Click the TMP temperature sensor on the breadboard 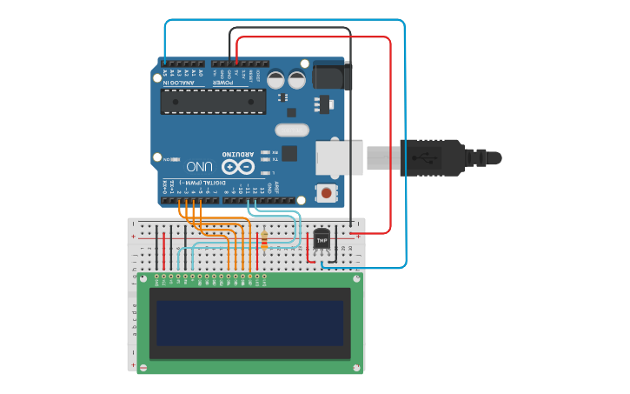pos(322,238)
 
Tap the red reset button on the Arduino pos(327,192)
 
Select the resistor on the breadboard pos(264,240)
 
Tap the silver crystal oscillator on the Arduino pos(292,130)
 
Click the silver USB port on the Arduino pos(340,157)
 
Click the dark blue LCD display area pos(250,324)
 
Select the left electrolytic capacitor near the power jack pos(275,80)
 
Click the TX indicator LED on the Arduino pos(265,159)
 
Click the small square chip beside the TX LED pos(289,154)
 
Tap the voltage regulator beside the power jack pos(323,104)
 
